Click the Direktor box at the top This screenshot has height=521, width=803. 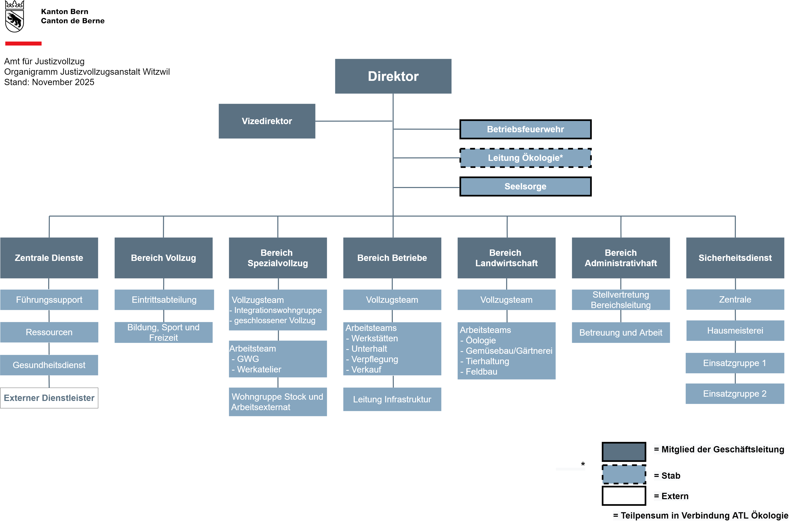[x=393, y=76]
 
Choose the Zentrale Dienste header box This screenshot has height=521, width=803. [x=49, y=258]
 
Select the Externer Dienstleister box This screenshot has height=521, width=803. [x=49, y=398]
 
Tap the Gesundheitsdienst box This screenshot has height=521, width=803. [x=49, y=365]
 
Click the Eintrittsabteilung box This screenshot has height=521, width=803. [x=164, y=300]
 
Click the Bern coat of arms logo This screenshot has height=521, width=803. [x=14, y=17]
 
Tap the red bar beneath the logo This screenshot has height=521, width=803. [x=23, y=43]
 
